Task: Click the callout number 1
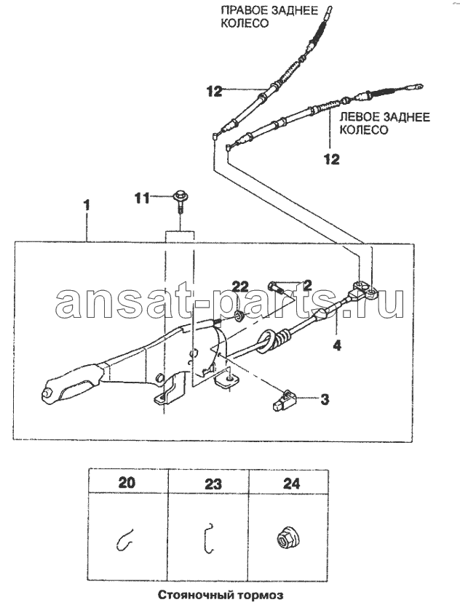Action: point(87,205)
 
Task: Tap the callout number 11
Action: point(142,199)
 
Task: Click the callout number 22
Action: point(240,287)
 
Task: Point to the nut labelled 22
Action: point(238,316)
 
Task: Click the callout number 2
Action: point(307,285)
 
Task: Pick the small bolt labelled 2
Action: point(274,287)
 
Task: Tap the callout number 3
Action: point(325,399)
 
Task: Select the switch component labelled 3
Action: point(284,401)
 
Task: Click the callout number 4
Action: point(337,345)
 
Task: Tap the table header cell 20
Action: point(127,482)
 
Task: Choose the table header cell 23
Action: point(213,483)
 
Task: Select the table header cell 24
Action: point(291,483)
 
